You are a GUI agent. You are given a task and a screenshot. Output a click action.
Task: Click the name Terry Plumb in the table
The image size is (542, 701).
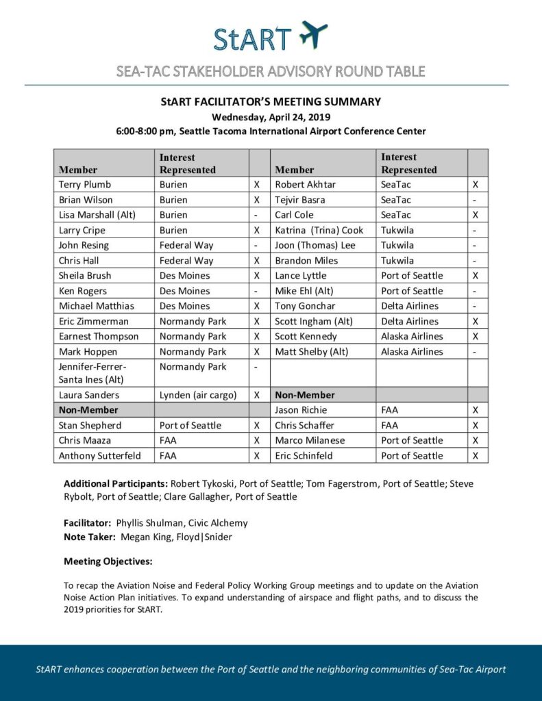[85, 184]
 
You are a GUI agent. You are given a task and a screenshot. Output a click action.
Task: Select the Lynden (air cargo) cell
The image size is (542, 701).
[199, 395]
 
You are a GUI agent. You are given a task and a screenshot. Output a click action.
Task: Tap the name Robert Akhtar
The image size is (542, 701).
[305, 184]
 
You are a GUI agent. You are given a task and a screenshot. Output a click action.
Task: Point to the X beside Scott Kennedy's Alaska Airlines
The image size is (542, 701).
[476, 336]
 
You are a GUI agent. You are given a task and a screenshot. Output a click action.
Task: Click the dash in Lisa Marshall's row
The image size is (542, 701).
[256, 215]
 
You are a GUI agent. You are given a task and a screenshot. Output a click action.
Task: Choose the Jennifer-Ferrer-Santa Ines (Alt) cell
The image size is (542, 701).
[93, 373]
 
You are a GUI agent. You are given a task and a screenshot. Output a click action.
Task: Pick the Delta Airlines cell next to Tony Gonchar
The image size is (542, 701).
[410, 306]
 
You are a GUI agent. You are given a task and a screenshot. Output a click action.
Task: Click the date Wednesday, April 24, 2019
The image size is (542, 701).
[271, 116]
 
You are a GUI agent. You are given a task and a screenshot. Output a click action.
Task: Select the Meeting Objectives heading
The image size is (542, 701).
[108, 561]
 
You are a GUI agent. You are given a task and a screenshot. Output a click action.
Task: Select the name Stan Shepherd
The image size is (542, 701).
[91, 425]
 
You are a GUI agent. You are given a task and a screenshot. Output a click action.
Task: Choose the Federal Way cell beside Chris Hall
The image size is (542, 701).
[186, 260]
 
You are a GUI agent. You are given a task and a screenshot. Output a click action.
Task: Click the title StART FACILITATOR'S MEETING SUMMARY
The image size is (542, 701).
[271, 102]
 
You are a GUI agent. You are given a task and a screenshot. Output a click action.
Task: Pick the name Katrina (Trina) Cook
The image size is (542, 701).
[319, 230]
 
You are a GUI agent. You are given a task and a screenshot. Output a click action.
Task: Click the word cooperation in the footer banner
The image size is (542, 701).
[149, 669]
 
